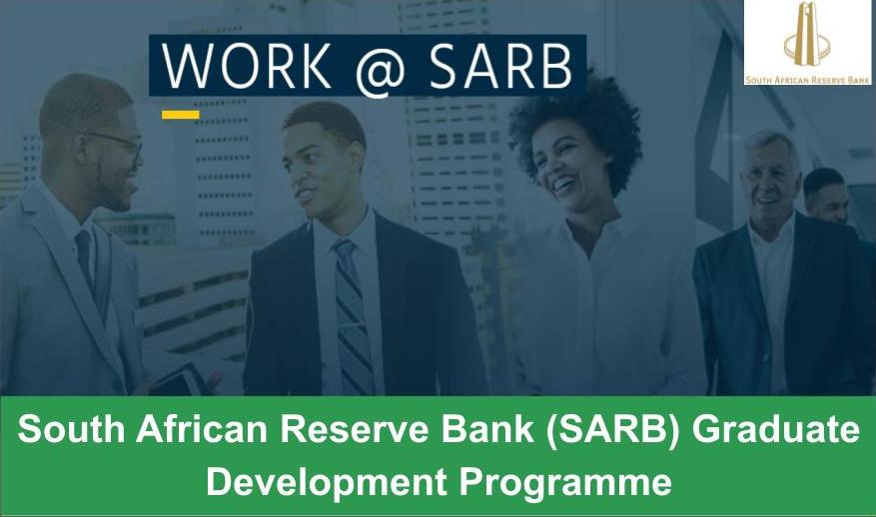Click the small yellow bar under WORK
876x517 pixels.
click(180, 115)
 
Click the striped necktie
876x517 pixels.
click(353, 309)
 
